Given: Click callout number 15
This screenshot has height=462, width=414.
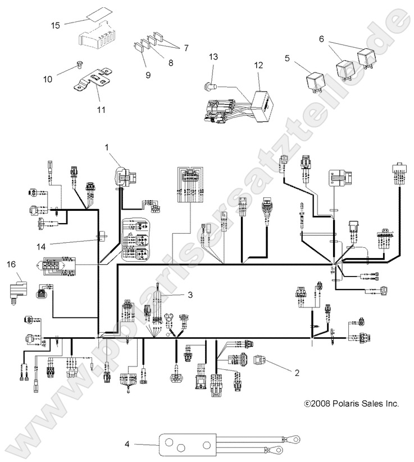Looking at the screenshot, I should pos(56,25).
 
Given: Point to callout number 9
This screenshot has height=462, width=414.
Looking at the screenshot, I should pos(148,74).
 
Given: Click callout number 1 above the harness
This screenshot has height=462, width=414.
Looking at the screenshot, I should pos(105,147).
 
